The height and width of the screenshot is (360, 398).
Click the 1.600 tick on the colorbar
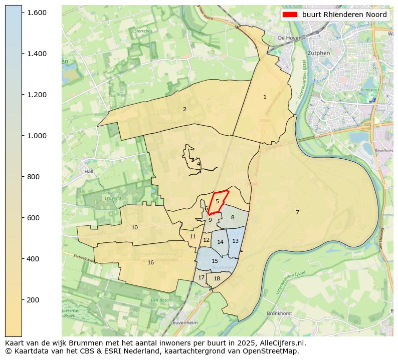click(x=37, y=13)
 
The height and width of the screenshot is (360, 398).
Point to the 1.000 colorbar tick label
click(x=37, y=136)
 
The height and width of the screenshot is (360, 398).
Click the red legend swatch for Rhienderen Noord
click(x=290, y=15)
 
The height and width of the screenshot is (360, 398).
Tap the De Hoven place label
click(x=288, y=38)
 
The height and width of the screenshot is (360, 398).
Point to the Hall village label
click(x=89, y=171)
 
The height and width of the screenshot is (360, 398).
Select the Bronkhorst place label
click(x=279, y=313)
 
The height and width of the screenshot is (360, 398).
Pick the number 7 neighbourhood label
click(x=297, y=212)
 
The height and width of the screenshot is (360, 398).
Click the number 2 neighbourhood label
click(x=184, y=109)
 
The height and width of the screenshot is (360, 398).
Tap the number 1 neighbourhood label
click(x=265, y=97)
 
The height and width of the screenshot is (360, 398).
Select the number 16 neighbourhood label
click(x=150, y=262)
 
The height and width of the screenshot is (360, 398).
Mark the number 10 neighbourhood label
click(x=134, y=227)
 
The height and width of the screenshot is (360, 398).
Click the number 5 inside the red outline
click(x=217, y=201)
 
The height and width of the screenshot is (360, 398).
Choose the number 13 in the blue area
click(x=235, y=241)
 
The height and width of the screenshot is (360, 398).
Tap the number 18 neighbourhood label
click(x=217, y=279)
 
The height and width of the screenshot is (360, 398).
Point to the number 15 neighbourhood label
click(x=215, y=261)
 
